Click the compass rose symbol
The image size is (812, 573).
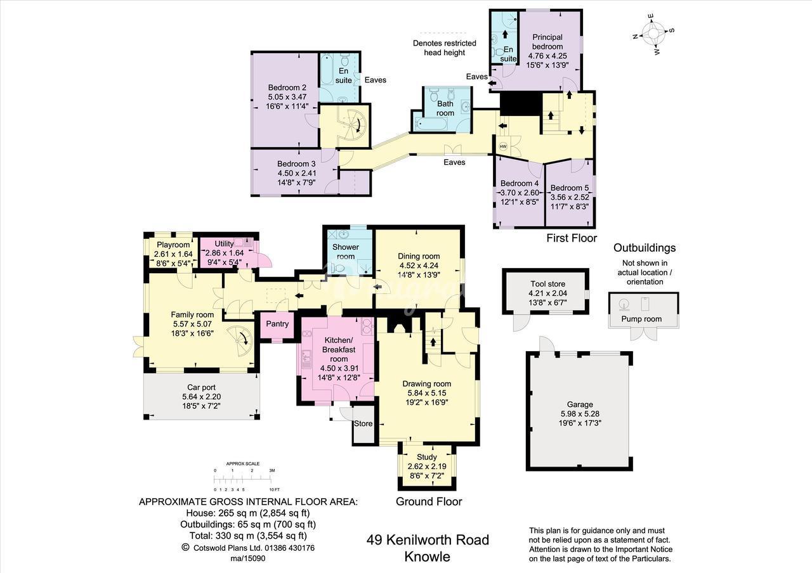pyautogui.click(x=653, y=34)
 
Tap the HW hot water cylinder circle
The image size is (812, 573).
pyautogui.click(x=503, y=146)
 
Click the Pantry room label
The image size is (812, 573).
pyautogui.click(x=277, y=323)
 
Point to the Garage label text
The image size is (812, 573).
pyautogui.click(x=580, y=404)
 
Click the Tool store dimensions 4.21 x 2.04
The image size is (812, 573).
pyautogui.click(x=547, y=293)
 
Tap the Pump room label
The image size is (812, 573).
pyautogui.click(x=641, y=319)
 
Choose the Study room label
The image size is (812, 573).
pyautogui.click(x=427, y=457)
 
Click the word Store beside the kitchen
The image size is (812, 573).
pyautogui.click(x=363, y=423)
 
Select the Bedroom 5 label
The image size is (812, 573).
pyautogui.click(x=570, y=188)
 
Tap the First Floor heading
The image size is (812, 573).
pyautogui.click(x=572, y=238)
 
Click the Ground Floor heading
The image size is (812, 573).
pyautogui.click(x=429, y=501)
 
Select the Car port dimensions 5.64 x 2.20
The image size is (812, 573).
pyautogui.click(x=201, y=397)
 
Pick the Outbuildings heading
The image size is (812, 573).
pyautogui.click(x=645, y=248)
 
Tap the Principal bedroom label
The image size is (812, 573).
pyautogui.click(x=547, y=42)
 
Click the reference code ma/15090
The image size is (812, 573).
pyautogui.click(x=248, y=558)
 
